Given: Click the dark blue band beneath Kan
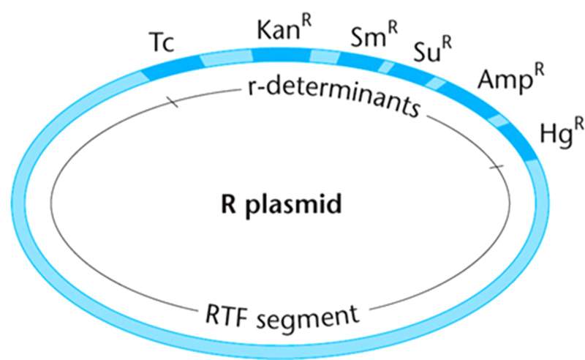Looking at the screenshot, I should (282, 56).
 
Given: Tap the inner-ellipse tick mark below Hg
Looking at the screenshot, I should (497, 169).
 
